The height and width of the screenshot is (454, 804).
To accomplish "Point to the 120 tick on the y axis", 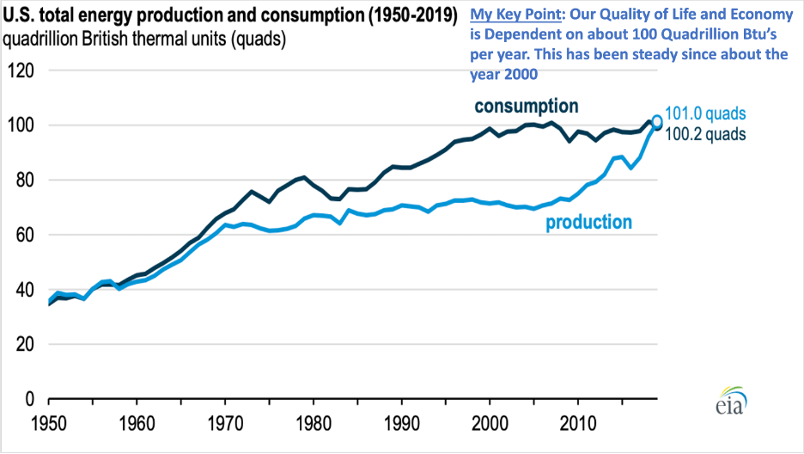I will tap(20, 71).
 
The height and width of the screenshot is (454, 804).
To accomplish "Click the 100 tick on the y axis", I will tap(20, 126).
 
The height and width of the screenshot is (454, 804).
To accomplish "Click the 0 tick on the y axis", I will tap(28, 400).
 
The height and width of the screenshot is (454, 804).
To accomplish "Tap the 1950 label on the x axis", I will tap(49, 426).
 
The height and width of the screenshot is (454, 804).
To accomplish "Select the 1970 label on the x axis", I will tap(225, 426).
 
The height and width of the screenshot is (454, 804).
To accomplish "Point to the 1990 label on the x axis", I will tap(401, 426).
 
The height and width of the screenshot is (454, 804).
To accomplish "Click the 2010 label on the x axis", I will tap(577, 426).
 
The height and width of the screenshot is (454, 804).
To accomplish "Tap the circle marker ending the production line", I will tap(657, 121).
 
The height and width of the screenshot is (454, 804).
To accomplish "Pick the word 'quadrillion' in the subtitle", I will tap(46, 39).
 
